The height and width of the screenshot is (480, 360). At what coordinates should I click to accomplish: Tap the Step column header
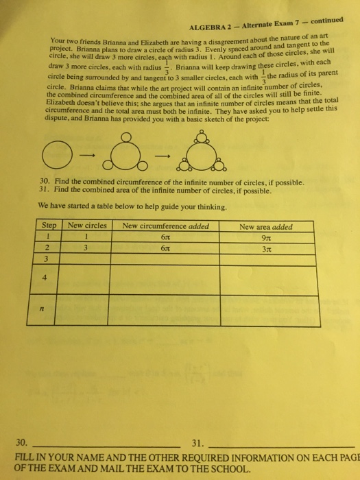pos(49,225)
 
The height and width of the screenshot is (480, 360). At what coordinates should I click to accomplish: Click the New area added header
pos(266,226)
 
